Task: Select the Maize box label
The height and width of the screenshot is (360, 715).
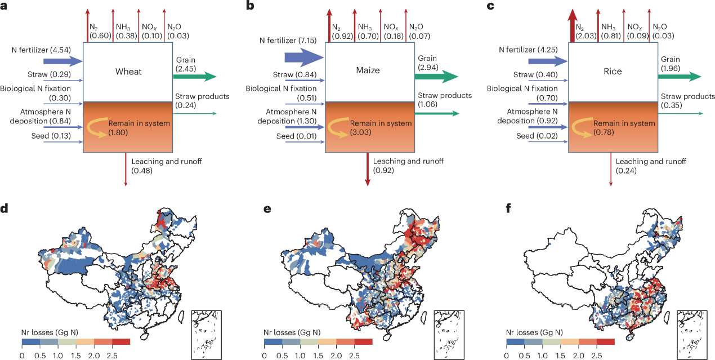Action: tap(368, 70)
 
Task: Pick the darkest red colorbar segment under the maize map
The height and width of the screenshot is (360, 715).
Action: tap(363, 341)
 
